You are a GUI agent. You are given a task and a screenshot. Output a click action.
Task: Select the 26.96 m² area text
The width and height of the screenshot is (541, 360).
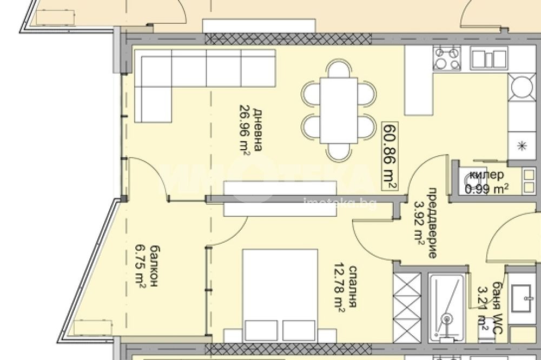coord(243,129)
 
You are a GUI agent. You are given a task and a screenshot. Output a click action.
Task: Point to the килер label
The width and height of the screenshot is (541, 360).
coord(486,175)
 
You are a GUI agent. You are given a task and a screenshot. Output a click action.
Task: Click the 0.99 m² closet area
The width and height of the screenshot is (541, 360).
coord(486,189)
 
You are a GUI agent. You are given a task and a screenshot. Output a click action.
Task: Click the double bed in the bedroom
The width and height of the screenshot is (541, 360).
coord(280,295)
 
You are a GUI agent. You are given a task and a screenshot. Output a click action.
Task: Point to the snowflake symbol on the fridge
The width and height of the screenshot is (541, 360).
coord(522,144)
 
